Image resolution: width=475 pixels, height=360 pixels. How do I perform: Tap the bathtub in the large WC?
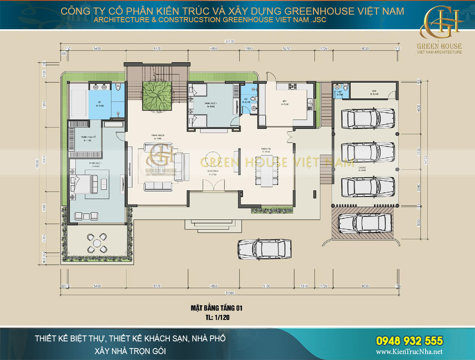[79, 104]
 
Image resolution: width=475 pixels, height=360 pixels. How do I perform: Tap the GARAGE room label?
[362, 168]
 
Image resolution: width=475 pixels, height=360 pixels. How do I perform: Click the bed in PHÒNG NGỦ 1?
[85, 184]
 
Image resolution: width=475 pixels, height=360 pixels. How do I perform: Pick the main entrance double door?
[212, 185]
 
